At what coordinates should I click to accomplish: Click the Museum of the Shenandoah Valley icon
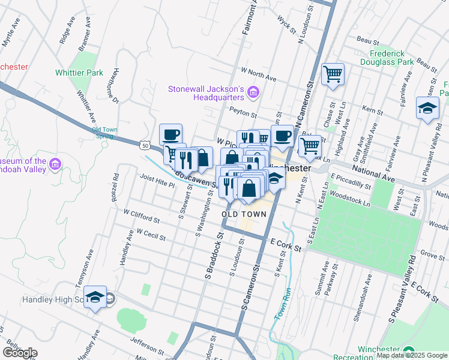point(55,163)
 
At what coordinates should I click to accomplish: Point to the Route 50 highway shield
point(144,145)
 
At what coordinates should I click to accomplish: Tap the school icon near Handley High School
point(95,297)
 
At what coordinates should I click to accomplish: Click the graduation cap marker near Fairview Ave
point(427,108)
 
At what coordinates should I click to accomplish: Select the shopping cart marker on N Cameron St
point(333,74)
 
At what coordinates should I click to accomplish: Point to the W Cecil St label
point(151,234)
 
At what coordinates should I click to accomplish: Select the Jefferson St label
point(147,345)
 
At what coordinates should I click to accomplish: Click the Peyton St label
point(243,110)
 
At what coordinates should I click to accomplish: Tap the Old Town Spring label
point(105,133)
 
